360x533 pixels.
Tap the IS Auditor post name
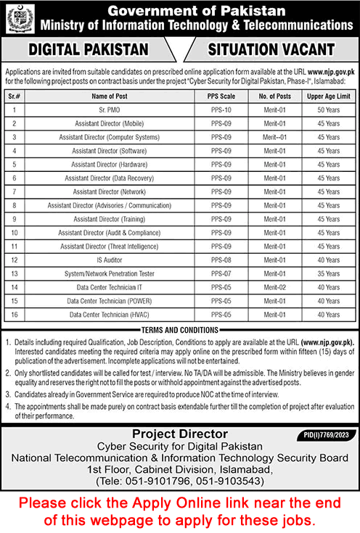pos(111,260)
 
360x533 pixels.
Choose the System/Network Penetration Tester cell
pos(111,273)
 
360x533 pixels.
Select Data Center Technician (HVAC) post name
pos(111,315)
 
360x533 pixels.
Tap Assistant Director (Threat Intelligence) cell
pos(111,246)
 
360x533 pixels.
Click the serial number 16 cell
pos(14,315)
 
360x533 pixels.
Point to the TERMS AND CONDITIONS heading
pos(179,330)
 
